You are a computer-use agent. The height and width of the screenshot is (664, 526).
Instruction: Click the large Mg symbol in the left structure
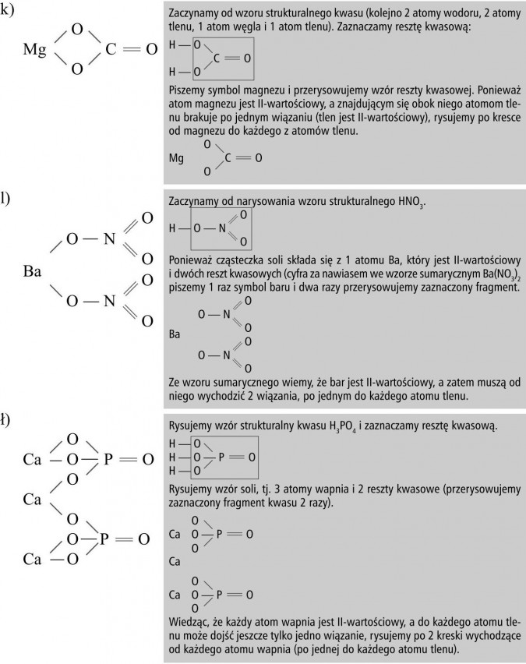[x=36, y=51]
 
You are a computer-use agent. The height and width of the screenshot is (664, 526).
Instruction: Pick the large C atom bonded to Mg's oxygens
[x=111, y=51]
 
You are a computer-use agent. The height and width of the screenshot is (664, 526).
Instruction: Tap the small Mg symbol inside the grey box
[x=177, y=158]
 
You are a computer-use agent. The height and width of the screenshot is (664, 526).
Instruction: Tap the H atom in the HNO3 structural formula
[x=172, y=228]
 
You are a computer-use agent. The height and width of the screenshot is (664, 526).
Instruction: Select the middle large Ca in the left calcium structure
[x=32, y=499]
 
